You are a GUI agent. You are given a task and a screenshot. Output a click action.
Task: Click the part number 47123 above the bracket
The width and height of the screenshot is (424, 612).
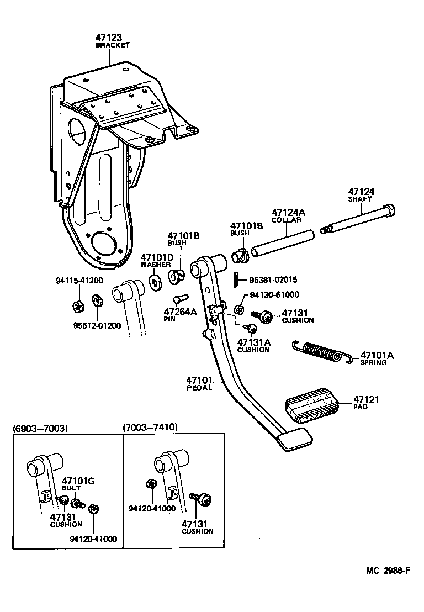coord(112,38)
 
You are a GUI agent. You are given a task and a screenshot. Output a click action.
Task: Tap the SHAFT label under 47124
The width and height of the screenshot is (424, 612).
coord(360,199)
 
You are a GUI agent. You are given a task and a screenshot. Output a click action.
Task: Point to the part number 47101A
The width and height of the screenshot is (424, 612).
coord(377,355)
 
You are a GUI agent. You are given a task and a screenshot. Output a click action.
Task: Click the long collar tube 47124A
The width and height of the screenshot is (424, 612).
coord(283,243)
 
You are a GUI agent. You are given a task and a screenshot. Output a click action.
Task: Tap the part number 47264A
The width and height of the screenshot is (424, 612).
coord(180,312)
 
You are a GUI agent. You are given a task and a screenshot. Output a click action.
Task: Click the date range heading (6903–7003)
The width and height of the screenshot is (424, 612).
coord(40,428)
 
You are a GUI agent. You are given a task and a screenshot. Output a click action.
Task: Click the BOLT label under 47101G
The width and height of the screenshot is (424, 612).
coord(72,488)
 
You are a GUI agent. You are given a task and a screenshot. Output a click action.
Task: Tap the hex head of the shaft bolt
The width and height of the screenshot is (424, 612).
coord(391,211)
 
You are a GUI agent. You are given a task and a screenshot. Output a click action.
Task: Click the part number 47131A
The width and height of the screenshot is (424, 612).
coord(254,342)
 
